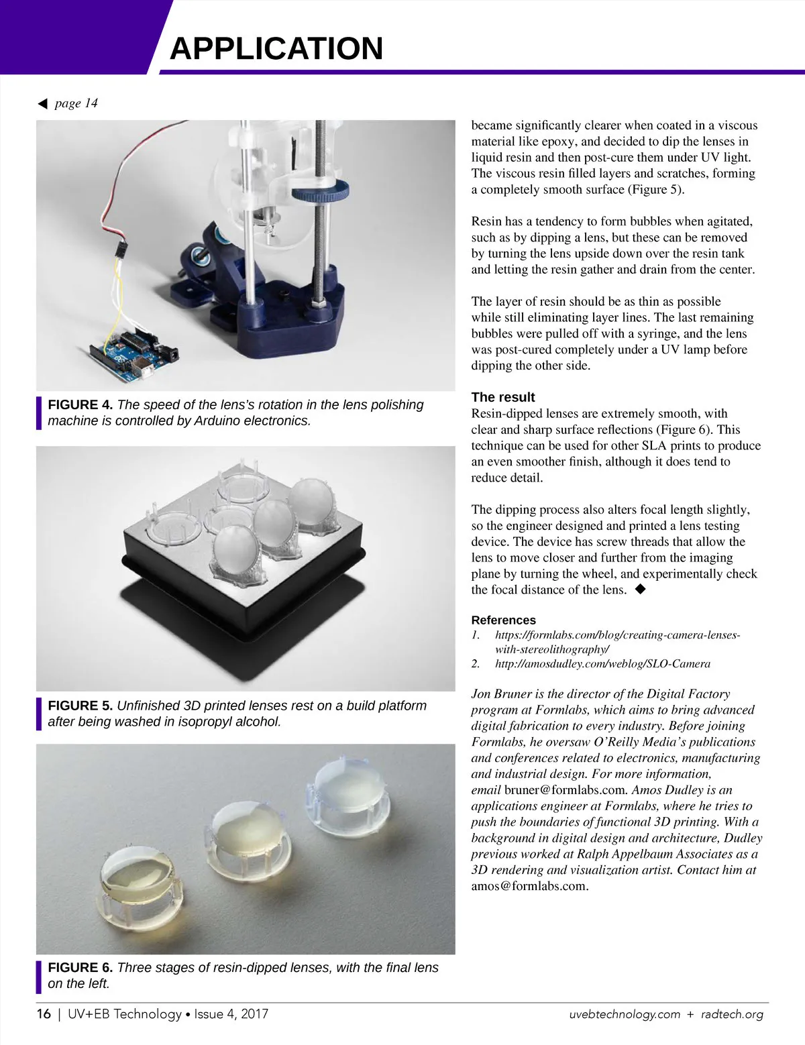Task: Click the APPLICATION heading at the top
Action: (276, 48)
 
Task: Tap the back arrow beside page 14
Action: (43, 103)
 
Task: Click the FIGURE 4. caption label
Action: (80, 405)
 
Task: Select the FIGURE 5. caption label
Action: (80, 706)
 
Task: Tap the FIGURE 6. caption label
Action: (80, 968)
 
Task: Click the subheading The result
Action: (503, 397)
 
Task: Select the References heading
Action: (504, 620)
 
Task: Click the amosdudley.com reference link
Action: (602, 663)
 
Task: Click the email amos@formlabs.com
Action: (530, 886)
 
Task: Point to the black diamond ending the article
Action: (640, 589)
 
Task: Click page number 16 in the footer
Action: (44, 1013)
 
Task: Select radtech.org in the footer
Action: (732, 1014)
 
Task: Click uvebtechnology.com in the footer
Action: (625, 1014)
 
